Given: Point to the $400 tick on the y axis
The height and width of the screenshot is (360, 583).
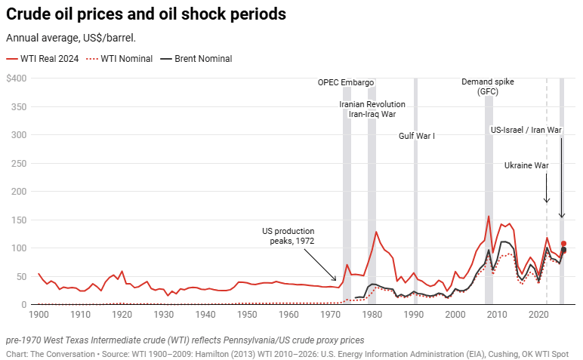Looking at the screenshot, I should [x=16, y=78].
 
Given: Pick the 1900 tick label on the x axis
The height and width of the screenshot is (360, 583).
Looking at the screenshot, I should [x=38, y=312].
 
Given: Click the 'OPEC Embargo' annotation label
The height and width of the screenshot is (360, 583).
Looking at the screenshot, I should [x=346, y=82].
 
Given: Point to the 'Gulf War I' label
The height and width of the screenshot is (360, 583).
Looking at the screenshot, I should [x=417, y=136].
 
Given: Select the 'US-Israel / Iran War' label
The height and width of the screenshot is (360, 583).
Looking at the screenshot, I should [x=526, y=130].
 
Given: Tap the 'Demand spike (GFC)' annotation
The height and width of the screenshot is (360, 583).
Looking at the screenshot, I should [x=488, y=86].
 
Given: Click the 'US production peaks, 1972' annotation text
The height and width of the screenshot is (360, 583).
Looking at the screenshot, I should [x=288, y=235].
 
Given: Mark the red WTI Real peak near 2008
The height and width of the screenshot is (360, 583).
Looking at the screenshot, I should [x=489, y=217].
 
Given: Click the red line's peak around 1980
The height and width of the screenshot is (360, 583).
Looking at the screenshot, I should [x=376, y=232].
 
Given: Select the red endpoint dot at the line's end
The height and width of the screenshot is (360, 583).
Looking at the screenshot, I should [x=563, y=244].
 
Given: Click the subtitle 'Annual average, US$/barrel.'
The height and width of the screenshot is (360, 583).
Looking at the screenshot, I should [x=70, y=38].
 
